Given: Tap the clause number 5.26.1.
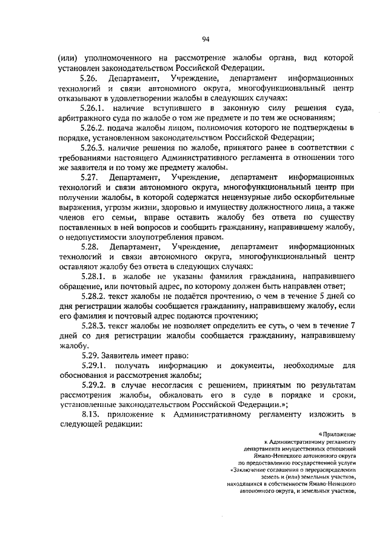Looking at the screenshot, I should [x=94, y=108].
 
